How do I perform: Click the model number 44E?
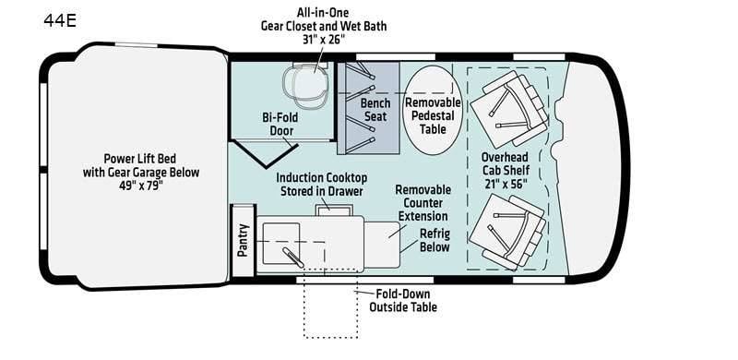point(60,20)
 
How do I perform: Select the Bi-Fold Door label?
point(281,124)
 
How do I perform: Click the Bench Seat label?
point(375,109)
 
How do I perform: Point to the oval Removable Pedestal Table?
point(433,110)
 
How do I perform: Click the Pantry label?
point(243,240)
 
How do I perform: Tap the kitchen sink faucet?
point(293,257)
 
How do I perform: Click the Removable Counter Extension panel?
point(382,244)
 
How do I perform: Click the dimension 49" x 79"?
point(141,186)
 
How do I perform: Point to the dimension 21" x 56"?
point(505,184)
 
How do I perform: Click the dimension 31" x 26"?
point(324,39)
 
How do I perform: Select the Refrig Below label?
point(434,240)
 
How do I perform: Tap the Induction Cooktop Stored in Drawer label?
point(321,185)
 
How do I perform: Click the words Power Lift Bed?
point(140,159)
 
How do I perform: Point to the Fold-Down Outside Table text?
point(403,301)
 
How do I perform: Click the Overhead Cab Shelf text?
point(505,163)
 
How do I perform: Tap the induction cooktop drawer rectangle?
point(334,210)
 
